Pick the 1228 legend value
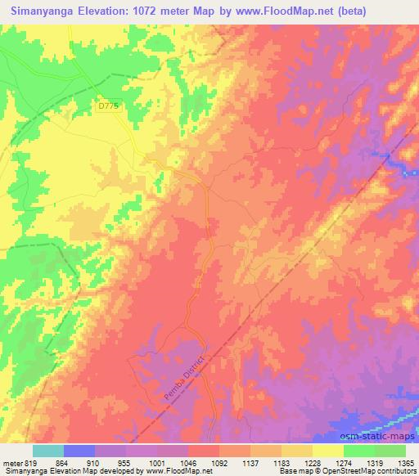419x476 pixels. pos(313,462)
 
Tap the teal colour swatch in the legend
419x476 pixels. pos(47,451)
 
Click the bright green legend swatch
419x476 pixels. pos(359,451)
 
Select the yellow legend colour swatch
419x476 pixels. pos(328,451)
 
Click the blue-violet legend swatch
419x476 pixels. pos(79,451)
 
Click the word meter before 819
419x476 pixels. pos(11,462)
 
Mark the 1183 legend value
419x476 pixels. pos(282,462)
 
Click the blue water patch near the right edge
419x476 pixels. pos(403,168)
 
